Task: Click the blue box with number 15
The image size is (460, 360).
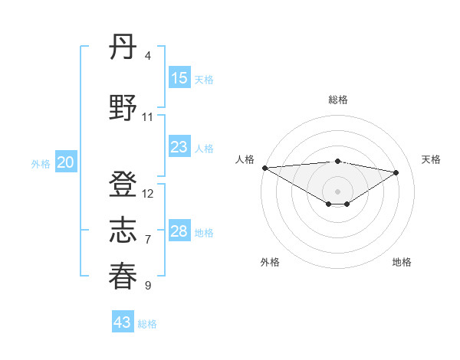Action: click(179, 78)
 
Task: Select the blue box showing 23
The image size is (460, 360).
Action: click(179, 147)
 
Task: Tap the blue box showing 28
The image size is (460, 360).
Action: click(179, 232)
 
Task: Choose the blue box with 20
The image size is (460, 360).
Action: click(66, 162)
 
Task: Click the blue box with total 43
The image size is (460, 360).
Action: click(123, 322)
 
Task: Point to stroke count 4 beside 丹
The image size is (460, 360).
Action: click(147, 56)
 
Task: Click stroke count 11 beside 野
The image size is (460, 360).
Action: click(148, 116)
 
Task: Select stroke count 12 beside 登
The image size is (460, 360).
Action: click(148, 194)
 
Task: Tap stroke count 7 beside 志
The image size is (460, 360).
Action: click(147, 240)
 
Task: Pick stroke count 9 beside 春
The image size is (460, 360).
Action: click(147, 286)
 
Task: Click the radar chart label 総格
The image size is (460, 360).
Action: click(337, 100)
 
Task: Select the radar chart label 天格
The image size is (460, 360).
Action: click(432, 159)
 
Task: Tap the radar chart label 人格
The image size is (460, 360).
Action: click(245, 159)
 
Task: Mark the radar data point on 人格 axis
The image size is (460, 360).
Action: click(264, 168)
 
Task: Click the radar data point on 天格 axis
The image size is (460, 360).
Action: click(396, 172)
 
